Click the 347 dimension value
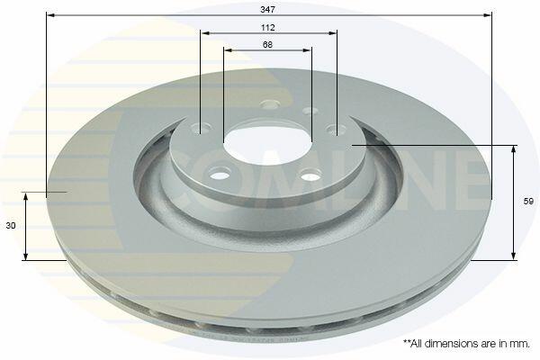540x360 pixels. point(267,10)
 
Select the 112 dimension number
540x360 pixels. point(267,27)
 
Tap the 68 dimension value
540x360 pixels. point(267,44)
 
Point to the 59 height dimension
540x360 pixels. point(528,202)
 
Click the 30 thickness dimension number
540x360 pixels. point(11,226)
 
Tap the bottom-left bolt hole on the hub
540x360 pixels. point(220,174)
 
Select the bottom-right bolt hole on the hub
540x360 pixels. point(311,175)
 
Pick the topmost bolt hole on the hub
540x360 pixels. point(270,103)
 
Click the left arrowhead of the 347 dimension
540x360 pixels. point(50,15)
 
